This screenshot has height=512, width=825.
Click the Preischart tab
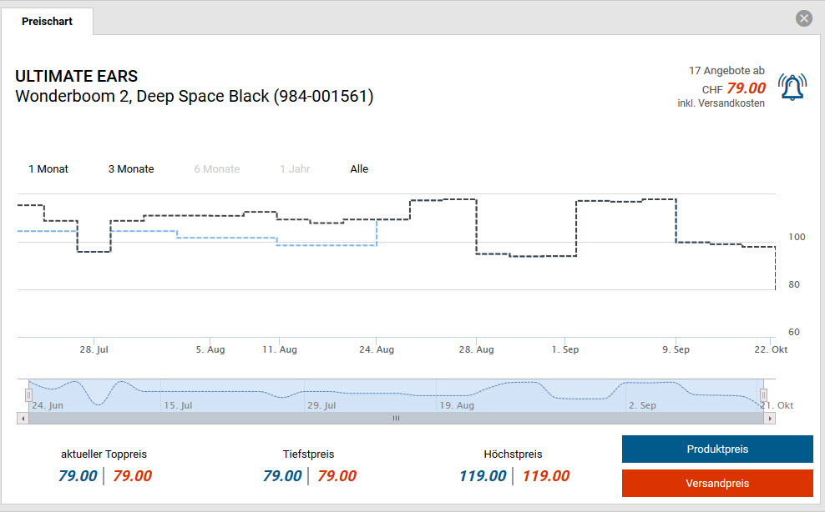click(47, 21)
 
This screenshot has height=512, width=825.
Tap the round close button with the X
click(804, 18)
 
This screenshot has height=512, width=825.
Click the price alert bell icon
click(792, 87)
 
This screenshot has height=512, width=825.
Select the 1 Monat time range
click(48, 169)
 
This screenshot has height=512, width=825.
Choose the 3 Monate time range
click(131, 169)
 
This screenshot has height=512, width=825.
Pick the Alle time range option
click(359, 169)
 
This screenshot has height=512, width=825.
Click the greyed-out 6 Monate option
click(217, 169)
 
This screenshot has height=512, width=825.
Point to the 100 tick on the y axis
click(797, 237)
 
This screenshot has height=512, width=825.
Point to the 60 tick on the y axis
click(794, 332)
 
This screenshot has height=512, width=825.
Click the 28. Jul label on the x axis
click(94, 350)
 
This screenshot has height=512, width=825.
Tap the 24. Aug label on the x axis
click(377, 350)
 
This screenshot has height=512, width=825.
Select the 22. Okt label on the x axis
click(771, 350)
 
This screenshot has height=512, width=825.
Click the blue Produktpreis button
click(717, 449)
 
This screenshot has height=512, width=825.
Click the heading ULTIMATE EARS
click(77, 77)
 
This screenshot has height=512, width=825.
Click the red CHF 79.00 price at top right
click(746, 88)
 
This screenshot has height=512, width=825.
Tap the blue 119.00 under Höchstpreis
click(483, 476)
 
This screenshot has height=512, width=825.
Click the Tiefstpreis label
click(308, 454)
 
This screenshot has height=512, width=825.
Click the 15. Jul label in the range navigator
click(178, 405)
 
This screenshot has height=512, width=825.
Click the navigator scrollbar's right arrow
click(770, 418)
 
